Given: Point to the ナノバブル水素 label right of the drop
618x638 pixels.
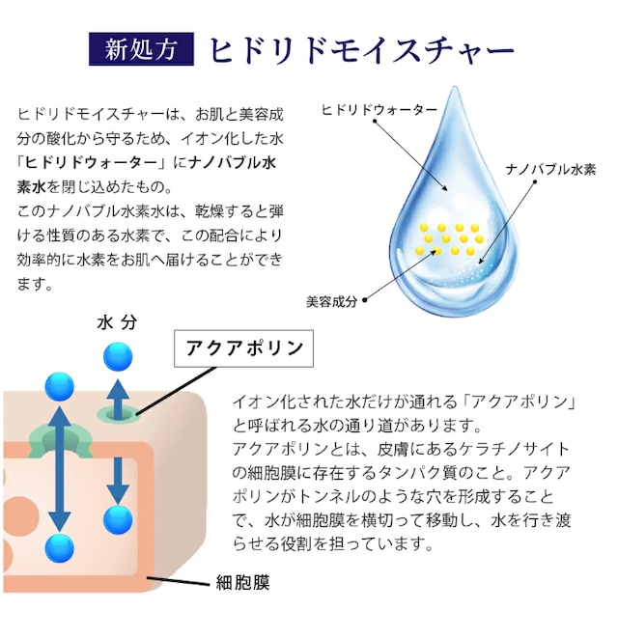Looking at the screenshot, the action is click(x=550, y=170).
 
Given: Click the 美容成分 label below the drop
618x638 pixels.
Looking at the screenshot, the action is click(x=331, y=301).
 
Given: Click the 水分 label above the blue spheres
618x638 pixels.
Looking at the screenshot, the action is click(x=116, y=322).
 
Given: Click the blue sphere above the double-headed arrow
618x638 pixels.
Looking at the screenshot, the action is click(x=60, y=388).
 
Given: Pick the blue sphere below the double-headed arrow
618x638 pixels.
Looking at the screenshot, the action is click(x=60, y=546).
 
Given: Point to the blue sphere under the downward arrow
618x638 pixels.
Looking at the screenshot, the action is click(x=118, y=519).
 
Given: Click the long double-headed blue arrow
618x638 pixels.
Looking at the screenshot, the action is click(x=60, y=467).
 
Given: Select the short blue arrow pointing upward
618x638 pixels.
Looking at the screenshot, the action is click(x=118, y=396).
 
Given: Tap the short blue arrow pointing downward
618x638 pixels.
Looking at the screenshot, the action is click(x=118, y=473).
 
